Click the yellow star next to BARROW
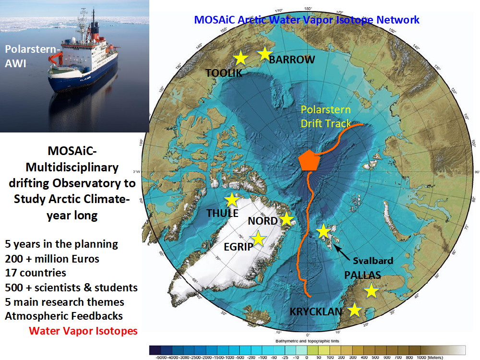click(x=264, y=53)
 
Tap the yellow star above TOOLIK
click(x=240, y=58)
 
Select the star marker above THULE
click(x=232, y=200)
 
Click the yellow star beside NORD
click(x=287, y=219)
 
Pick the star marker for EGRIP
click(x=258, y=238)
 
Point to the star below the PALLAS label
click(x=371, y=290)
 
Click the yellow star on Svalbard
click(x=324, y=231)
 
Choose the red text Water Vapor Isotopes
click(x=83, y=331)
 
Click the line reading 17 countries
click(x=36, y=273)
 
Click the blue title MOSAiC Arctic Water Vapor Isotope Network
click(x=307, y=20)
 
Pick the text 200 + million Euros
click(x=52, y=259)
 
